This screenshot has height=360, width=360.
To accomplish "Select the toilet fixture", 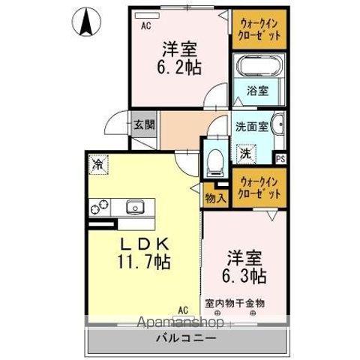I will coord(213,159).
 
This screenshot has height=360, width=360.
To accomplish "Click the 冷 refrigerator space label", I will coord(97,162).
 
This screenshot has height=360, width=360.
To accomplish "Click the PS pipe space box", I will coord(280,158).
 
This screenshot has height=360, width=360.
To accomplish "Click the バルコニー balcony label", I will coord(187,338).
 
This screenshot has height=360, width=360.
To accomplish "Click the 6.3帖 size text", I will coord(244,275).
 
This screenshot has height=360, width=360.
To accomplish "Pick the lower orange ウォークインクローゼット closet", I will coord(257,187).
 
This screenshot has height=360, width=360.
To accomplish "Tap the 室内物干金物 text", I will coord(235,304).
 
